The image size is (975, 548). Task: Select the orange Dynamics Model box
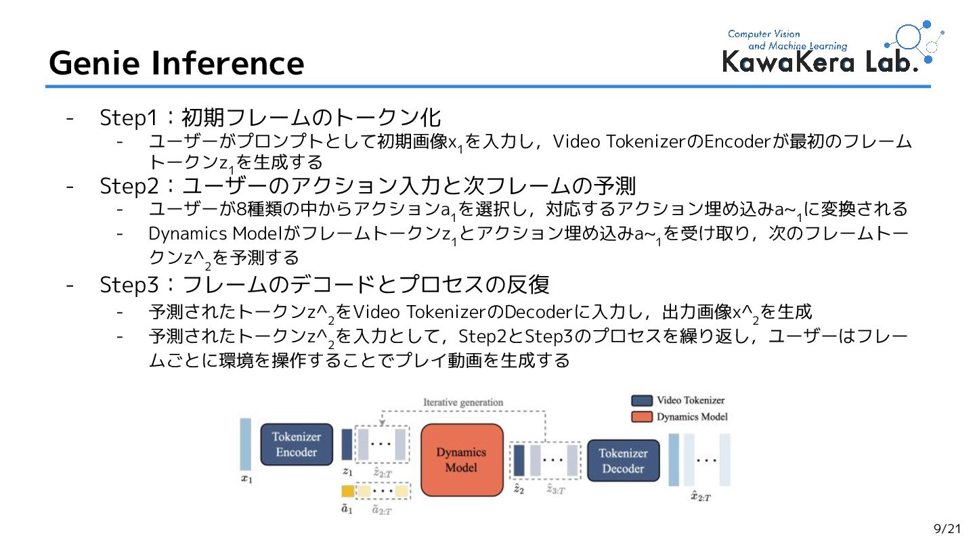462,460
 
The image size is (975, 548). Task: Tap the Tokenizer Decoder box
622,461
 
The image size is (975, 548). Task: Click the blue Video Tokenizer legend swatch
642,401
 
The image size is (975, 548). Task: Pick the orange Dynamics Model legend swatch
642,417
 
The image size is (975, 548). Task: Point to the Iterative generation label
463,402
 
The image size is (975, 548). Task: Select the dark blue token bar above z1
347,444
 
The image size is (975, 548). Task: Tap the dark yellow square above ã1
347,491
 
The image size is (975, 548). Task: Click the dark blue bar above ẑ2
519,460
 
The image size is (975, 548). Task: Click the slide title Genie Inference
176,63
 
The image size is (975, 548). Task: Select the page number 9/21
947,528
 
